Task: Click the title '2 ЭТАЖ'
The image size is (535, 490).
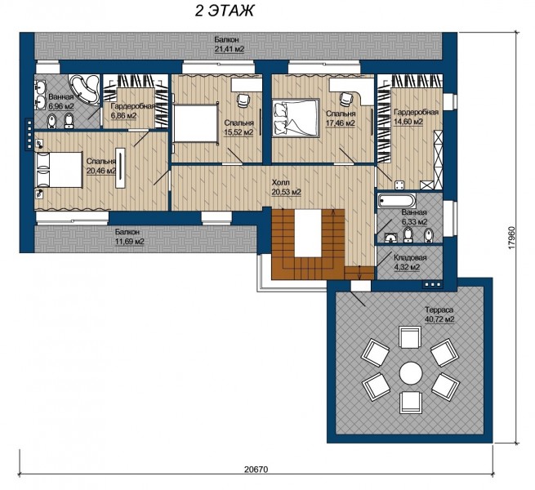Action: pyautogui.click(x=224, y=11)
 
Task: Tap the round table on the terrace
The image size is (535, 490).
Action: pyautogui.click(x=411, y=372)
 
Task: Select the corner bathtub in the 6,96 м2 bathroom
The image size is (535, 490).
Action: pyautogui.click(x=85, y=88)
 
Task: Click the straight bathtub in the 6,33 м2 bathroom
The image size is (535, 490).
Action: pyautogui.click(x=397, y=200)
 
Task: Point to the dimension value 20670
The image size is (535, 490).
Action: pyautogui.click(x=256, y=470)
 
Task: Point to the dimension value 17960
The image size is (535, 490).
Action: pyautogui.click(x=510, y=238)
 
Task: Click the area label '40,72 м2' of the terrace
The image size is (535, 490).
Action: pyautogui.click(x=439, y=319)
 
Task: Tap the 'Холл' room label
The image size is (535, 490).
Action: pyautogui.click(x=281, y=183)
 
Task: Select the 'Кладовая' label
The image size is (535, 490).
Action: pyautogui.click(x=410, y=258)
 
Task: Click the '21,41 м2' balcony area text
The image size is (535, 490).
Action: pyautogui.click(x=230, y=49)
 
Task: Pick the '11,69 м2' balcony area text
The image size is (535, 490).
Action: pyautogui.click(x=129, y=242)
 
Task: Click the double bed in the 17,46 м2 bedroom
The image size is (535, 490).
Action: pyautogui.click(x=296, y=118)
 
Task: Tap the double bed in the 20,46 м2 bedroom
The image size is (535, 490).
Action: pyautogui.click(x=59, y=170)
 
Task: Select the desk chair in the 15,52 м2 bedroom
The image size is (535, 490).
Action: pyautogui.click(x=243, y=100)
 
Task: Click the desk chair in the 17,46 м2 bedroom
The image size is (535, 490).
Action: pyautogui.click(x=346, y=99)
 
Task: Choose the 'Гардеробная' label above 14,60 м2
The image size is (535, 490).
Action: pyautogui.click(x=416, y=112)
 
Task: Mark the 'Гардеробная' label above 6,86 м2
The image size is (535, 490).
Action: pyautogui.click(x=132, y=106)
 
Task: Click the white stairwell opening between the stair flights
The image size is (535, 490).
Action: pyautogui.click(x=309, y=233)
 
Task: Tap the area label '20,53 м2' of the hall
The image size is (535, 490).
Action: pyautogui.click(x=286, y=192)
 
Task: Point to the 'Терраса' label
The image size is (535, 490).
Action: pyautogui.click(x=439, y=310)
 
